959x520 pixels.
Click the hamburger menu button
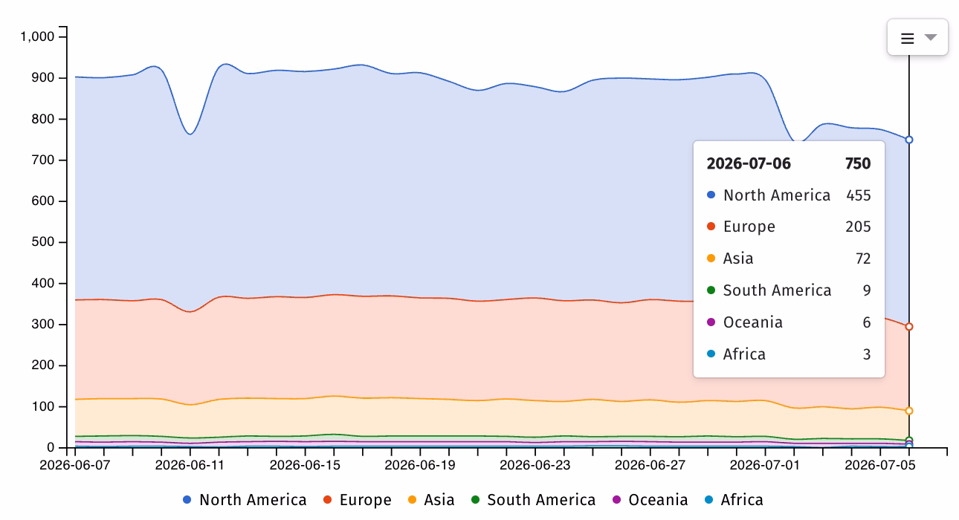click(917, 38)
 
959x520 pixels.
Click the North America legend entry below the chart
click(245, 500)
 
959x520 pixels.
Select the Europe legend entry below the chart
click(358, 500)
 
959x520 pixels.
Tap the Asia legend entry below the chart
click(431, 500)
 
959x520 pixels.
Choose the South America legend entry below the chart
click(533, 500)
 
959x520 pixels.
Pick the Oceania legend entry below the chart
click(650, 500)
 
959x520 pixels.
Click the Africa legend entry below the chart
click(734, 500)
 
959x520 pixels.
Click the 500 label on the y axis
click(43, 242)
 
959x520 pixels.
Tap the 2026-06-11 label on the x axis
click(190, 465)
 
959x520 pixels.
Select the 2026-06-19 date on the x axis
click(419, 465)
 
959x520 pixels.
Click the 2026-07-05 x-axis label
click(879, 465)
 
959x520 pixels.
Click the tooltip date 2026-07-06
click(749, 163)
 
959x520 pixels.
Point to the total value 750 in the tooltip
click(858, 163)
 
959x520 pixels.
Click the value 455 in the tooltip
click(859, 195)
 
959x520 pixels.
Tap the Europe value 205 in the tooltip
click(858, 227)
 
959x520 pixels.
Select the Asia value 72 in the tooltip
click(863, 259)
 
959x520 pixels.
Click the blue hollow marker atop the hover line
click(909, 140)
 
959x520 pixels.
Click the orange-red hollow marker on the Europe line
click(909, 327)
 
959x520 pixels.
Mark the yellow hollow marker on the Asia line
click(909, 411)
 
